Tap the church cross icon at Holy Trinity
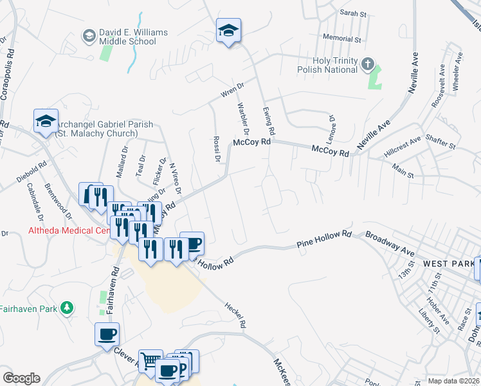tap(367, 64)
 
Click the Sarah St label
tap(352, 13)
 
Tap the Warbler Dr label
tap(242, 118)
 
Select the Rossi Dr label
tap(217, 149)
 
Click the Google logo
tap(22, 378)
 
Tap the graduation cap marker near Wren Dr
tap(228, 30)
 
